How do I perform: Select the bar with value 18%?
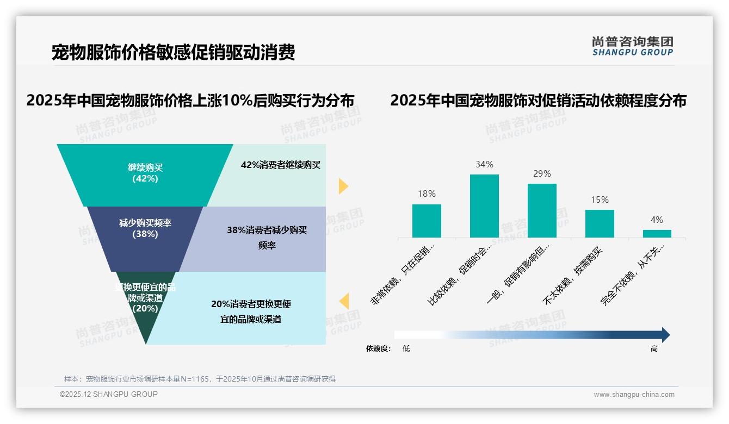click(x=427, y=221)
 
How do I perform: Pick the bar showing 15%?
click(x=600, y=223)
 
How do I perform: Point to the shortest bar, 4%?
click(x=657, y=234)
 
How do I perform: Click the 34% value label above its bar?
click(x=484, y=164)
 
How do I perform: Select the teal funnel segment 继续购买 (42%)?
click(x=145, y=174)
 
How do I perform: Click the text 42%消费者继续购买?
click(x=281, y=165)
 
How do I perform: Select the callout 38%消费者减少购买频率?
click(x=267, y=238)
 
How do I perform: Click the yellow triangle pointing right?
click(x=343, y=186)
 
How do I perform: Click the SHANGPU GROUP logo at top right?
click(x=632, y=46)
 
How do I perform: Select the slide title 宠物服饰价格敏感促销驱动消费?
click(x=173, y=53)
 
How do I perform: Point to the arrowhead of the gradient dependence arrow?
click(x=665, y=335)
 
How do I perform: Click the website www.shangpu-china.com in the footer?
click(x=634, y=395)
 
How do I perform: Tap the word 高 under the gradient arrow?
click(x=654, y=349)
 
